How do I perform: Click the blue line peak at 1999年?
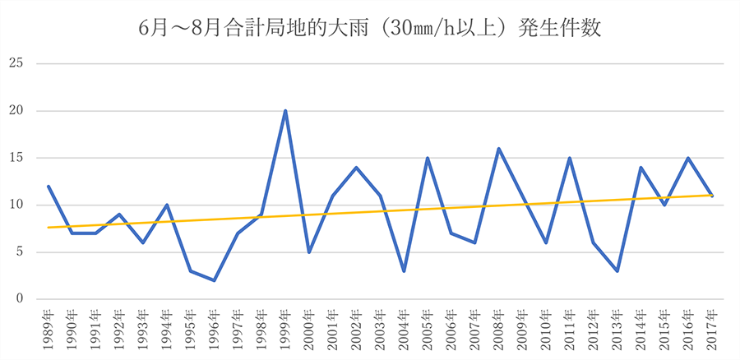tap(285, 111)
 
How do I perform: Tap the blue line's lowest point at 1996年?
tap(214, 280)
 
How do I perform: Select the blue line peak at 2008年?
tap(498, 149)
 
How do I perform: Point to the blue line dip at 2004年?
tap(404, 270)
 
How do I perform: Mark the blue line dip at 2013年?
tap(617, 270)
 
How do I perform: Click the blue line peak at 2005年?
tap(428, 158)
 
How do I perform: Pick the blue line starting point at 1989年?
tap(49, 187)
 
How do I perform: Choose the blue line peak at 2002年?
tap(356, 168)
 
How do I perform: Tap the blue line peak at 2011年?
tap(569, 158)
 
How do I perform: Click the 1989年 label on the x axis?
tap(49, 329)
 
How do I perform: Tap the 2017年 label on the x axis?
tap(712, 329)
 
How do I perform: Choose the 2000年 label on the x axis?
tap(309, 329)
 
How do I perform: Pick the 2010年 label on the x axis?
tap(546, 329)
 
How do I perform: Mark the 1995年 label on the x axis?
tap(191, 329)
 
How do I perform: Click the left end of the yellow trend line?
tap(49, 228)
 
